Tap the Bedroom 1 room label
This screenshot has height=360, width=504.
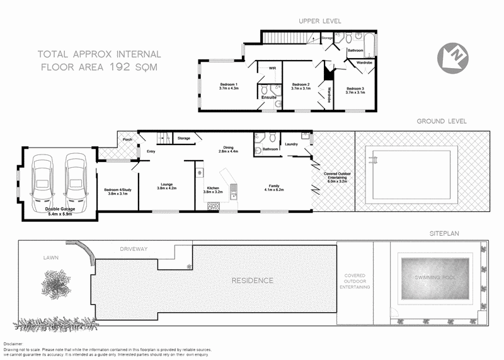click(228, 84)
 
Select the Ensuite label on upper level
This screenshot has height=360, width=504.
click(269, 97)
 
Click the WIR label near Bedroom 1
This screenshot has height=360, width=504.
click(272, 67)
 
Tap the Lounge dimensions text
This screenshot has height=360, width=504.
click(166, 189)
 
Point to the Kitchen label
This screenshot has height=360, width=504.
click(212, 188)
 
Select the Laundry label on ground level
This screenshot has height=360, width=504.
click(291, 144)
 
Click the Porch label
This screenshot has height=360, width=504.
click(127, 139)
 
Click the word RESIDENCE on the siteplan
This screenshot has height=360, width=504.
click(251, 281)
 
